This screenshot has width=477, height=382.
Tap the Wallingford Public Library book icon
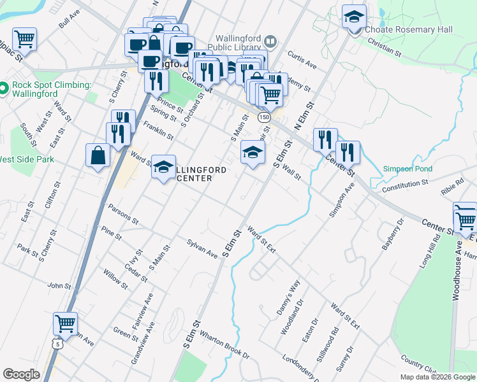[x=271, y=42]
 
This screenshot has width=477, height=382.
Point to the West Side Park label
[x=27, y=159]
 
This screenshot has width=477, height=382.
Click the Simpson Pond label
[x=407, y=169]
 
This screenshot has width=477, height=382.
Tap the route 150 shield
[x=264, y=118]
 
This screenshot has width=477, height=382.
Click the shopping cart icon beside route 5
[x=65, y=323]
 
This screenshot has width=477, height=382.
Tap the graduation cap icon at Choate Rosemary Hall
[x=354, y=17]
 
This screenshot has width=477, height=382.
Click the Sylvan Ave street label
[x=202, y=248]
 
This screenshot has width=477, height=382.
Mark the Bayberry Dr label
[x=392, y=234]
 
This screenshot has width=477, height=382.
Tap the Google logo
[x=22, y=374]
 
